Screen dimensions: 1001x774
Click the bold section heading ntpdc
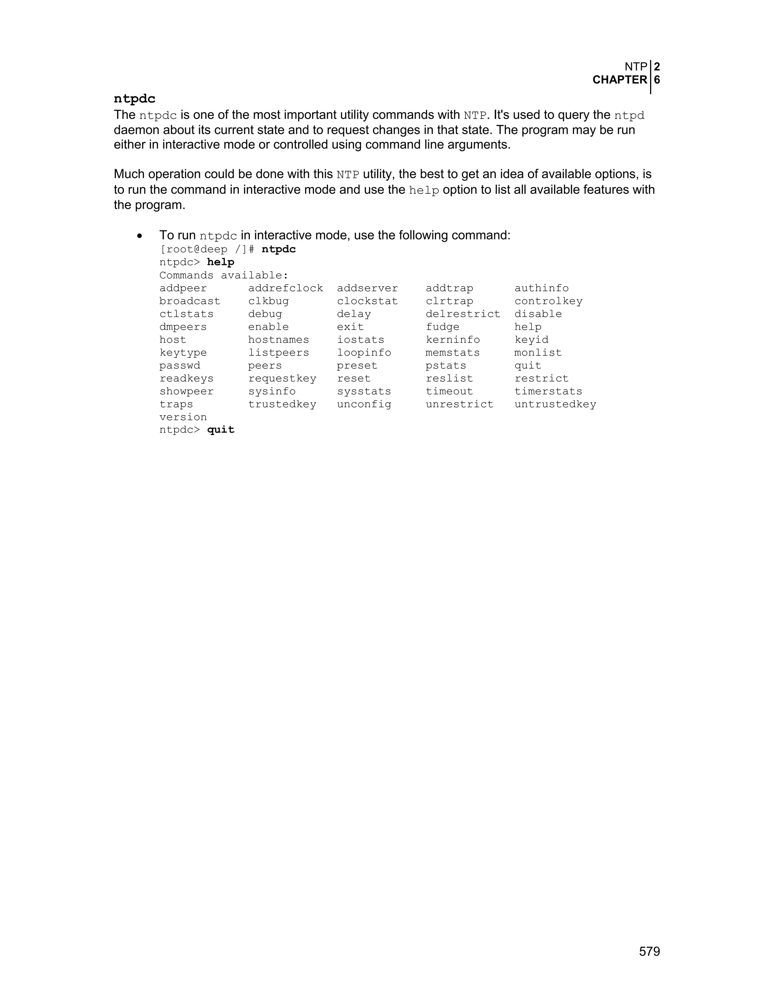[134, 99]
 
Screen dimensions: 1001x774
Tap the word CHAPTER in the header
[619, 80]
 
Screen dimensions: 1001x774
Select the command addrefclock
[285, 288]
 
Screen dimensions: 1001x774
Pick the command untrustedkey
[555, 404]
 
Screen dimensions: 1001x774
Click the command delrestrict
[463, 314]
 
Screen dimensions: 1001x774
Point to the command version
[183, 417]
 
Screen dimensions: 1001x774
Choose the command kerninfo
[452, 340]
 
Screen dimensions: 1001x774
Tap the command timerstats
[548, 391]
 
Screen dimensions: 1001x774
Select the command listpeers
[278, 352]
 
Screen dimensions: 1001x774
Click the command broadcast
[190, 301]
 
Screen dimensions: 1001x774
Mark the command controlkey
[548, 301]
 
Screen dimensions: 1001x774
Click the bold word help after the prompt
[221, 262]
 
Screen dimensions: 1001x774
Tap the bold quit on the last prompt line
[221, 430]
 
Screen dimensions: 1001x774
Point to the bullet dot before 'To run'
[139, 236]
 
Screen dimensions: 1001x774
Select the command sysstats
[364, 391]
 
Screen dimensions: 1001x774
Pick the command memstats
[452, 352]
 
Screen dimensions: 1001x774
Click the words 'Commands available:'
[224, 275]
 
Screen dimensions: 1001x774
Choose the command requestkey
[282, 378]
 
